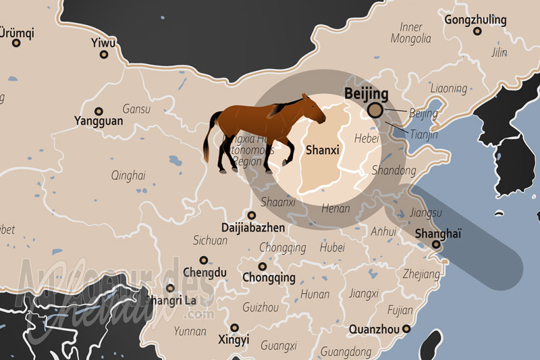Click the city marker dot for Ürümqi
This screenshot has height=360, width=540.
(x=16, y=43)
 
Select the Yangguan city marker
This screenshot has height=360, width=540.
(x=99, y=111)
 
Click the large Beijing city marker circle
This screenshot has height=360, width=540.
(x=375, y=110)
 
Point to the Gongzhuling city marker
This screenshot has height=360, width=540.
(x=477, y=31)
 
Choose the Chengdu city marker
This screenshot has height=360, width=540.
(x=203, y=260)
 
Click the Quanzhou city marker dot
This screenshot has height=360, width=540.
(x=406, y=330)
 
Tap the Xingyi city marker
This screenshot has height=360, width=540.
(x=234, y=328)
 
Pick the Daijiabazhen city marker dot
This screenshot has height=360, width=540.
(x=252, y=215)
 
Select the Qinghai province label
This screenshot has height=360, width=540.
(x=128, y=176)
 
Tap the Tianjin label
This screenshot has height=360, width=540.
(x=424, y=135)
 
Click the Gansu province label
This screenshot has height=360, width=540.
(x=136, y=109)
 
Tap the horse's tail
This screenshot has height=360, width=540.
(x=210, y=138)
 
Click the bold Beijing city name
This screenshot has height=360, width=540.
(x=366, y=94)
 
